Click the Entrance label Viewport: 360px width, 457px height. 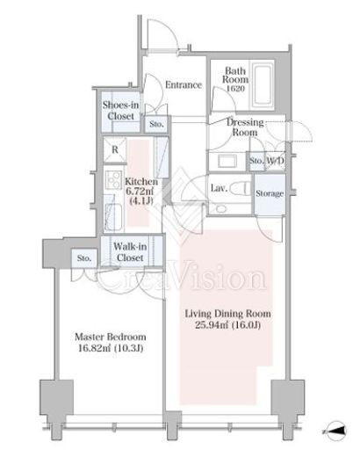(x=184, y=85)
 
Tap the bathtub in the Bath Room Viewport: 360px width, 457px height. (x=263, y=85)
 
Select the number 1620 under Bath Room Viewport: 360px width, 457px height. (x=235, y=88)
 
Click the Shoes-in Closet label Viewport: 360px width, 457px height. (x=120, y=111)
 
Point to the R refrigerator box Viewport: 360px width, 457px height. (x=115, y=150)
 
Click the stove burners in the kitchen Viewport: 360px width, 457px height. (x=113, y=179)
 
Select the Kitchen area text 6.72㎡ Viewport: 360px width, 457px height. (x=140, y=192)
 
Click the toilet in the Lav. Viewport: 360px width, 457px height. (x=240, y=188)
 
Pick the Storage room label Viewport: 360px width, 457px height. (x=270, y=193)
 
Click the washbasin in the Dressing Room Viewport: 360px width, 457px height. (x=227, y=161)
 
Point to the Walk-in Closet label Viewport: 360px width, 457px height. (x=130, y=252)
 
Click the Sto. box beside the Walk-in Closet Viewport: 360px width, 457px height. (x=84, y=258)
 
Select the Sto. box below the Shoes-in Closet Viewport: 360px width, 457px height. (x=156, y=124)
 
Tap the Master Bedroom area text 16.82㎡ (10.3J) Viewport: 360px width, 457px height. (x=111, y=348)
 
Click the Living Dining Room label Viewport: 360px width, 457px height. (x=227, y=314)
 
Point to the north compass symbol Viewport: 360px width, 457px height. (x=336, y=431)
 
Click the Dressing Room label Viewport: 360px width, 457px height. (x=245, y=127)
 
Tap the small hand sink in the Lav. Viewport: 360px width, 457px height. (x=221, y=208)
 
